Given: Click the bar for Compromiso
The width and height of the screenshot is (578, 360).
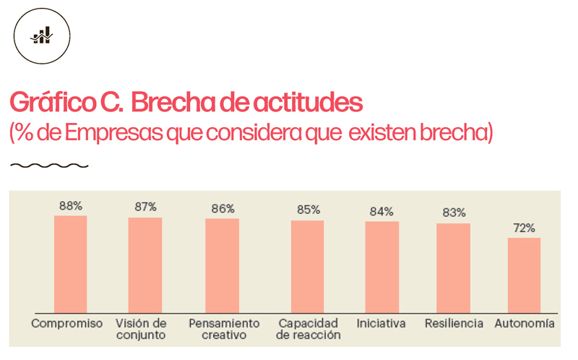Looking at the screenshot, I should point(70,264).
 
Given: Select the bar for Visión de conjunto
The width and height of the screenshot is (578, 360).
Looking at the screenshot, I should point(145,265).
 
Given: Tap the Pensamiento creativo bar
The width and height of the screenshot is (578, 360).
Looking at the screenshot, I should point(222,265).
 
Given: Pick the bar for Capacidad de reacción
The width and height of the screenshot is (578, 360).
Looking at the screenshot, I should point(307,266).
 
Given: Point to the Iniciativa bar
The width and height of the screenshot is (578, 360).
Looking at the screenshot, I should point(381,267).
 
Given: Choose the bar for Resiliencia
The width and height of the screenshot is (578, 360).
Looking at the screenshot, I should point(453,267).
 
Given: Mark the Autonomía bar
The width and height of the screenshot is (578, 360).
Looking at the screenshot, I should point(524,275).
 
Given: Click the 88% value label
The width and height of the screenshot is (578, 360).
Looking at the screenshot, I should point(70,206).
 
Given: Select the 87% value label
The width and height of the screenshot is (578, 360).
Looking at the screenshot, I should point(145,207).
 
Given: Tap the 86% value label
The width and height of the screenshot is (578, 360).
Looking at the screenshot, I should point(223,209).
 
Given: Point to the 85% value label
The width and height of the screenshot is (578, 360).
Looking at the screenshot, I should point(308,210).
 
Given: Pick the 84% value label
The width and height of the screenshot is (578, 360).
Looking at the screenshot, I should point(381,212).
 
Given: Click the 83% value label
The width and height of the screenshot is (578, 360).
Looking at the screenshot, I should point(454,213).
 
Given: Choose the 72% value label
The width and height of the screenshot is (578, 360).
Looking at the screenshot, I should point(524,228).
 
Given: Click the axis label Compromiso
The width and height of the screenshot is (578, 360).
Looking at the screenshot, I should point(67,323).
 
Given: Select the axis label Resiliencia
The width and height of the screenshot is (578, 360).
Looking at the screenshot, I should point(454,323).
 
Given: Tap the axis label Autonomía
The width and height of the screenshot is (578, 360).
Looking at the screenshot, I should point(525,323).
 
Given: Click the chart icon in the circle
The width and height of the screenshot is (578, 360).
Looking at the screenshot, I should point(42,35).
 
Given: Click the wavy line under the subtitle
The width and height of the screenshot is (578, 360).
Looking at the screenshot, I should point(49,166).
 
